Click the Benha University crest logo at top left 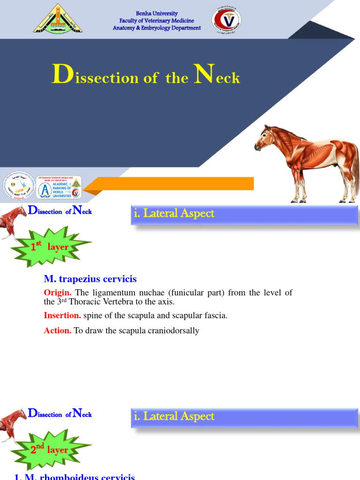58,19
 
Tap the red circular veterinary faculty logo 226,21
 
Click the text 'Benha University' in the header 157,14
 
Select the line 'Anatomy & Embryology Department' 157,28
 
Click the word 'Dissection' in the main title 95,76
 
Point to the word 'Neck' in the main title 217,76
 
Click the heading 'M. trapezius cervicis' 90,279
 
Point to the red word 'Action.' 58,331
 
